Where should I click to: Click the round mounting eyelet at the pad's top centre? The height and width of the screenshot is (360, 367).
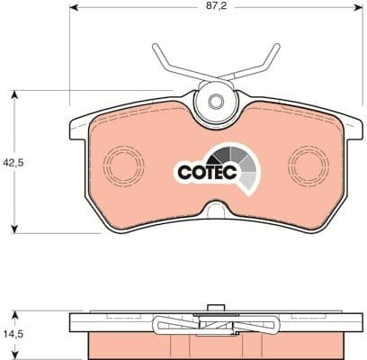pos(213,93)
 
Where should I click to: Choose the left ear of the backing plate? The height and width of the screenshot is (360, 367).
pos(79,125)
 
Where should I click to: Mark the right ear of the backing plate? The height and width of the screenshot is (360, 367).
pos(347,125)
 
